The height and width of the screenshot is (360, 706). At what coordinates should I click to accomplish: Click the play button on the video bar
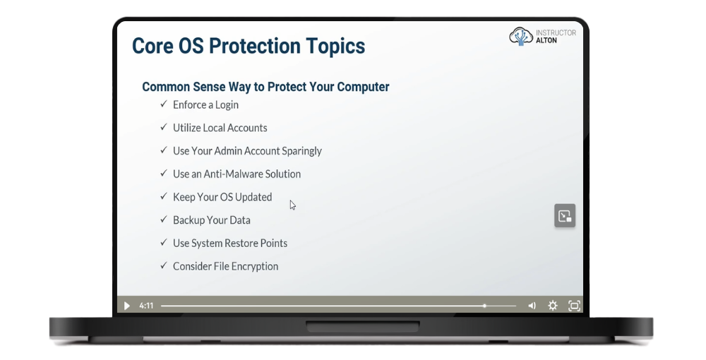pos(127,306)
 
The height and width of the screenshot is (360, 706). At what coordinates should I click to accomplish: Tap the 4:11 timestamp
pos(146,306)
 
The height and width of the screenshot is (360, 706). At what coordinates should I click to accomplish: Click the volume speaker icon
pos(532,306)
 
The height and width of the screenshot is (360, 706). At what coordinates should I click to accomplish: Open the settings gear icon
pos(553,306)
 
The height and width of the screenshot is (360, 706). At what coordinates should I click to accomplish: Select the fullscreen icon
pos(574,306)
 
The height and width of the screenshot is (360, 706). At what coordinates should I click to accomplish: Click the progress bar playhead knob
pos(484,306)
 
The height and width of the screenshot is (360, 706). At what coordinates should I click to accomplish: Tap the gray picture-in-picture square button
pos(565,215)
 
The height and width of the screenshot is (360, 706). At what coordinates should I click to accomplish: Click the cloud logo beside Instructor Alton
pos(521,37)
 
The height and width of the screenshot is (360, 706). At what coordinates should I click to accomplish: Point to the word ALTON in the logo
pos(546,40)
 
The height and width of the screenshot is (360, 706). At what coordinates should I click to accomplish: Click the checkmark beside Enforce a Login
pos(164,104)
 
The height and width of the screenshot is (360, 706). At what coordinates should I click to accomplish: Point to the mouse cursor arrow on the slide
pos(293,205)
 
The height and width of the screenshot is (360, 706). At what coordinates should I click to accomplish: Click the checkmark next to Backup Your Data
pos(164,219)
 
